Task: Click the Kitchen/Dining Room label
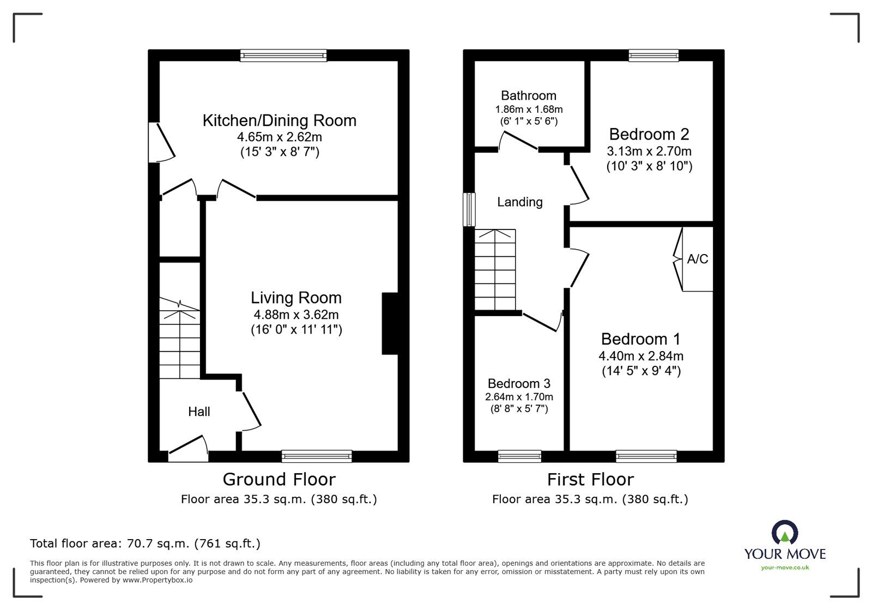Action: pos(279,120)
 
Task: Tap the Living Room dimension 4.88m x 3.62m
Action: pos(296,315)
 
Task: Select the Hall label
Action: pos(199,412)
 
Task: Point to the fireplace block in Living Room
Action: pos(390,324)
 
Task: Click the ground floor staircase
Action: pos(179,341)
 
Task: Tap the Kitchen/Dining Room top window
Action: pos(283,55)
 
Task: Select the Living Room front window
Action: pos(317,456)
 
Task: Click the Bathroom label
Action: pos(529,96)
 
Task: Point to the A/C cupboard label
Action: pos(698,259)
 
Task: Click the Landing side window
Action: pos(469,209)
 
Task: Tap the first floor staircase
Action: pos(495,270)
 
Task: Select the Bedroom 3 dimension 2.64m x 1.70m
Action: pos(519,397)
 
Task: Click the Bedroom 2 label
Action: pos(649,134)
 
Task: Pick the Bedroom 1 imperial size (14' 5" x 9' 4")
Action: pos(641,371)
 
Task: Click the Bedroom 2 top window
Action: pos(653,55)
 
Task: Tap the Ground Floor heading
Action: pos(279,480)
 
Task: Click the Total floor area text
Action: pos(145,543)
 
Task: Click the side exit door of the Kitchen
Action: pos(161,142)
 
